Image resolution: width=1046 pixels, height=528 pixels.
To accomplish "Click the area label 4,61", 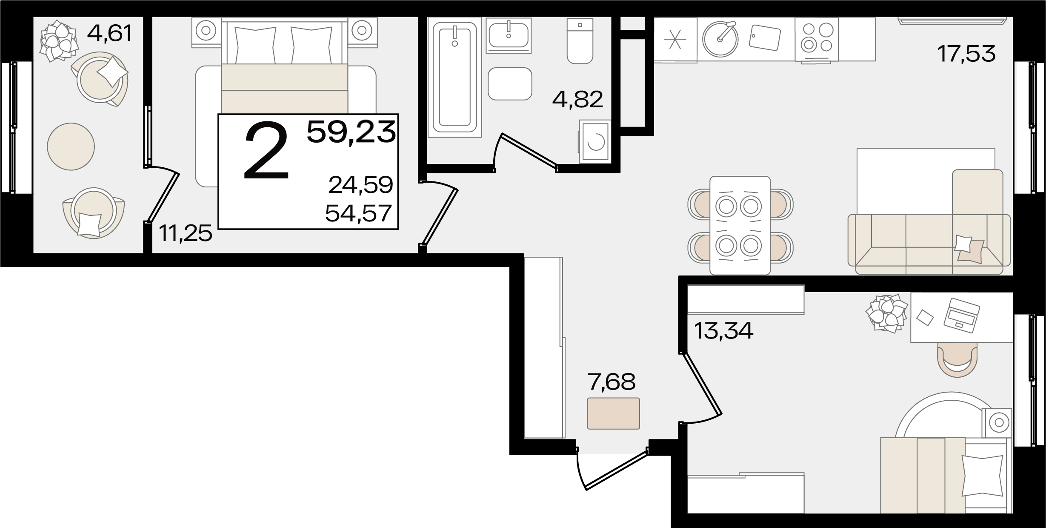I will (109, 34).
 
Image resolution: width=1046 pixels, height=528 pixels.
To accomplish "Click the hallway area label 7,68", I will (611, 382).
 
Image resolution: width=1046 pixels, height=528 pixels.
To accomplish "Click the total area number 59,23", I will (351, 132).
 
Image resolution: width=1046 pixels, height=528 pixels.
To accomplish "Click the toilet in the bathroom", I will (580, 41).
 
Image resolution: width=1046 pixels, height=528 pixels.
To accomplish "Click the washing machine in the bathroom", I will (595, 142).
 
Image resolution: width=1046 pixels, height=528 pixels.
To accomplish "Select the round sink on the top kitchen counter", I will (720, 39).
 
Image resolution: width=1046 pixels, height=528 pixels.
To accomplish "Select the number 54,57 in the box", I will (358, 213).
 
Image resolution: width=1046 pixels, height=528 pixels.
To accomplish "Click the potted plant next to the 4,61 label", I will (59, 41).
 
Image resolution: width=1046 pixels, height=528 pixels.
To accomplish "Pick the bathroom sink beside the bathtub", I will (509, 34).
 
